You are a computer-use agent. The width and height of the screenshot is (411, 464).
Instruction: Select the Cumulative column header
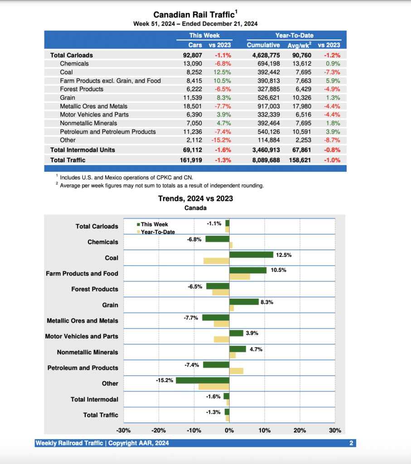263,45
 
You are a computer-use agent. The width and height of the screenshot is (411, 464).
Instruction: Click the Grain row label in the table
68,97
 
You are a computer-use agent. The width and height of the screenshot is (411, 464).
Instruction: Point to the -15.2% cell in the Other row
221,140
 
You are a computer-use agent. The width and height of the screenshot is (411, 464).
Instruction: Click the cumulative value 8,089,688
263,160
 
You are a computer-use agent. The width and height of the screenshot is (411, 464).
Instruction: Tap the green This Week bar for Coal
251,255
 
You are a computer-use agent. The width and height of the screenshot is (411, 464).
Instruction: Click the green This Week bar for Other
203,380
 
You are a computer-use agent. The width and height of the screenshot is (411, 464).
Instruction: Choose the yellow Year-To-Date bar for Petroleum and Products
236,371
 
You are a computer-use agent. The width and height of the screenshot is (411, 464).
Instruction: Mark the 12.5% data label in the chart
284,255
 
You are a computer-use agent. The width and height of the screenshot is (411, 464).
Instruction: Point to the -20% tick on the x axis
159,430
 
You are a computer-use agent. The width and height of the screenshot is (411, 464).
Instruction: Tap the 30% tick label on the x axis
335,430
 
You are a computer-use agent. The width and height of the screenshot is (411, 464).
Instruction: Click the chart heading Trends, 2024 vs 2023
195,198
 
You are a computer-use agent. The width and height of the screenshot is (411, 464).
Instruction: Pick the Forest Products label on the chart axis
94,289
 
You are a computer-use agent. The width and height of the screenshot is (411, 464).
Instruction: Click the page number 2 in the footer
351,443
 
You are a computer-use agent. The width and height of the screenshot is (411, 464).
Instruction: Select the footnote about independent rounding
161,185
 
